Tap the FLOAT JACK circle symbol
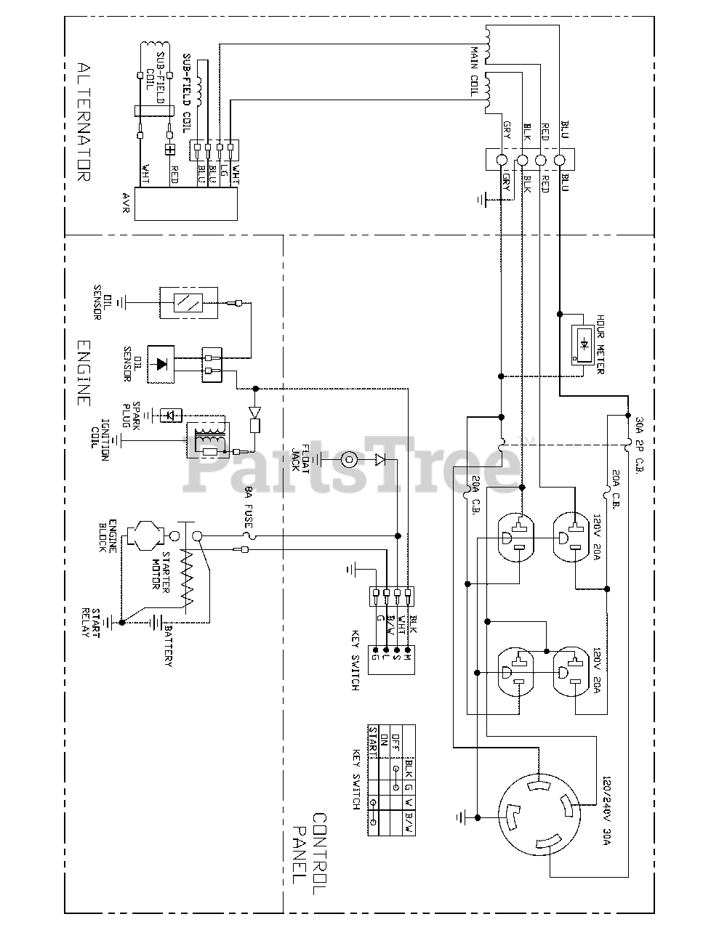(350, 459)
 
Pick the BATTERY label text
(168, 645)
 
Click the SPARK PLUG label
(130, 416)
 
